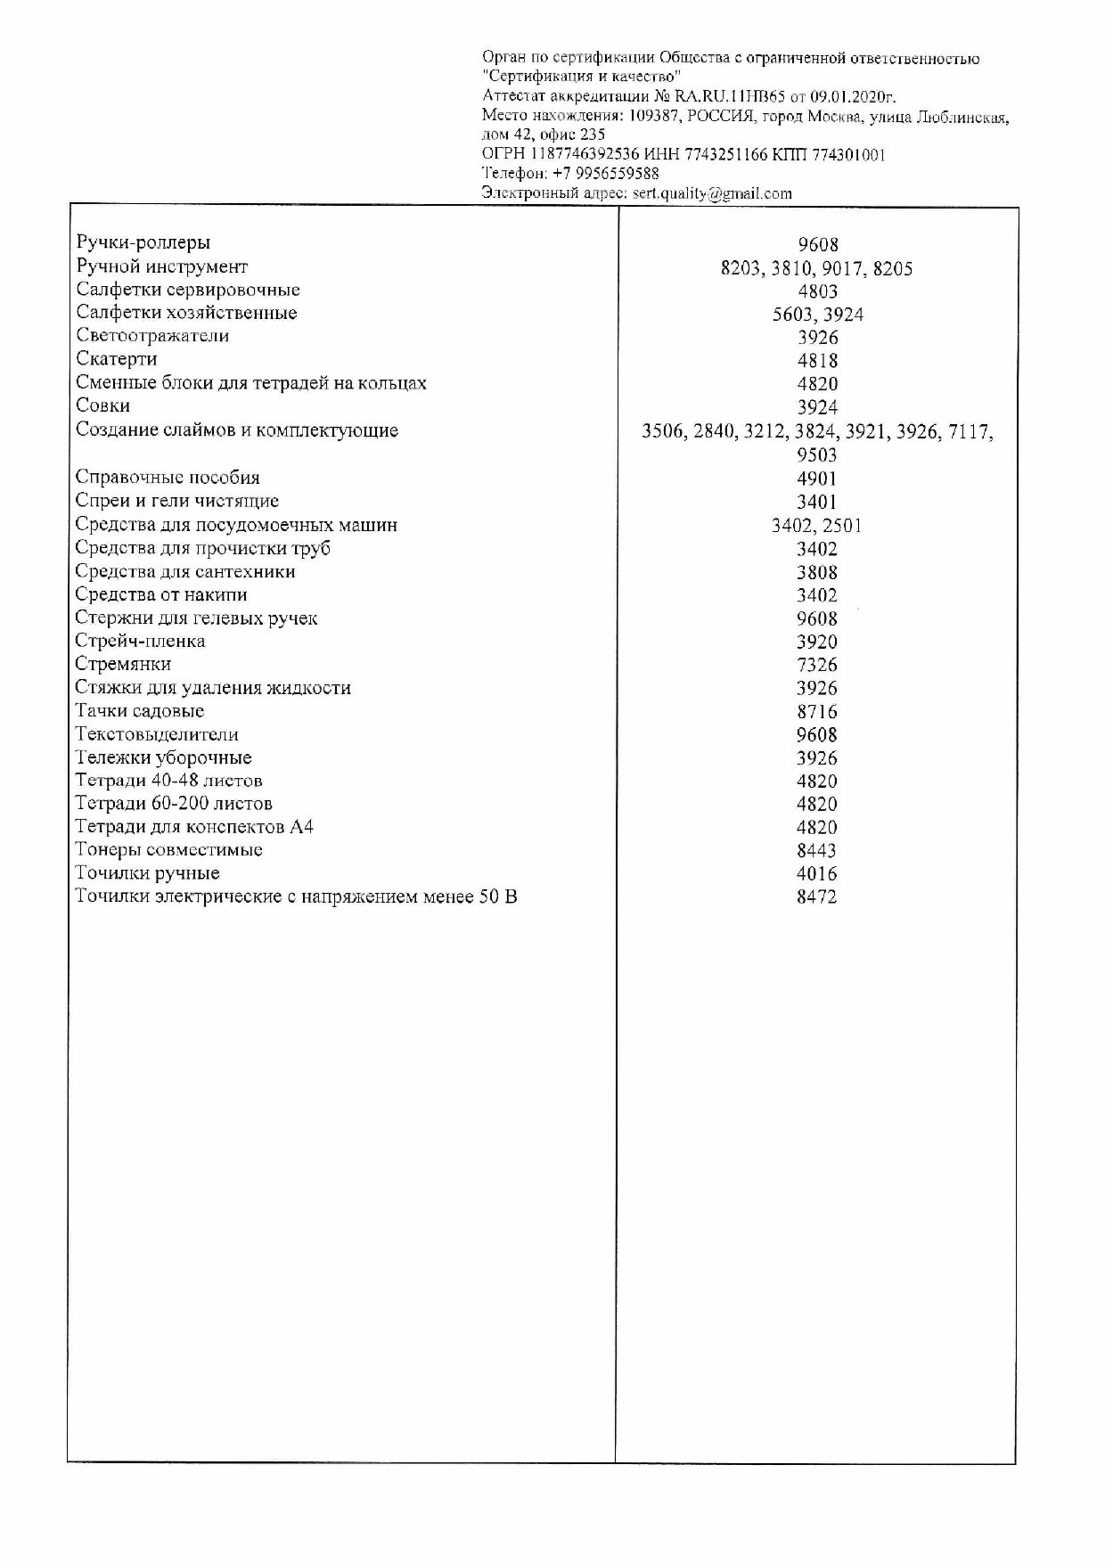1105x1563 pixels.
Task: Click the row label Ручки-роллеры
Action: tap(143, 242)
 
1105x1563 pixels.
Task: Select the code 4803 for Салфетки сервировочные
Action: tap(817, 291)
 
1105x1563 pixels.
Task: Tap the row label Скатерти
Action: tap(117, 359)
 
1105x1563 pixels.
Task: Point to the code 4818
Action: tap(817, 361)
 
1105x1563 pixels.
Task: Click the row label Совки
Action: tap(103, 405)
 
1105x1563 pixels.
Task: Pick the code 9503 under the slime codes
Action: tap(817, 454)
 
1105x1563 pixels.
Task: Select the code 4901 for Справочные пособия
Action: tap(817, 479)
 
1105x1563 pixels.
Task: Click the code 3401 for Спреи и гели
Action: tap(817, 502)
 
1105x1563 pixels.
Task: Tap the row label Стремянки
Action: tap(123, 664)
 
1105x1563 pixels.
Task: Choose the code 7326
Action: tap(817, 665)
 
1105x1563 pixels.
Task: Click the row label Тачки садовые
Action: tap(140, 711)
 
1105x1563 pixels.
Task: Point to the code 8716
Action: tap(817, 712)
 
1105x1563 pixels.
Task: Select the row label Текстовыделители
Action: tap(157, 734)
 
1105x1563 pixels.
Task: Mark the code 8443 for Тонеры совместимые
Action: tap(817, 850)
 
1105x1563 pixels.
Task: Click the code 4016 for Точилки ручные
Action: tap(817, 873)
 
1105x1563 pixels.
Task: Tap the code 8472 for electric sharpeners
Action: tap(817, 897)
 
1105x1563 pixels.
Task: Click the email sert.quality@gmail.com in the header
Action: tap(712, 193)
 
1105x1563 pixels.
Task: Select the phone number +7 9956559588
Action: tap(606, 174)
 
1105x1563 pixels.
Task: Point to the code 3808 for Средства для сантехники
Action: tap(817, 572)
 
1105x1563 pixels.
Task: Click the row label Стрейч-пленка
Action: tap(140, 641)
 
